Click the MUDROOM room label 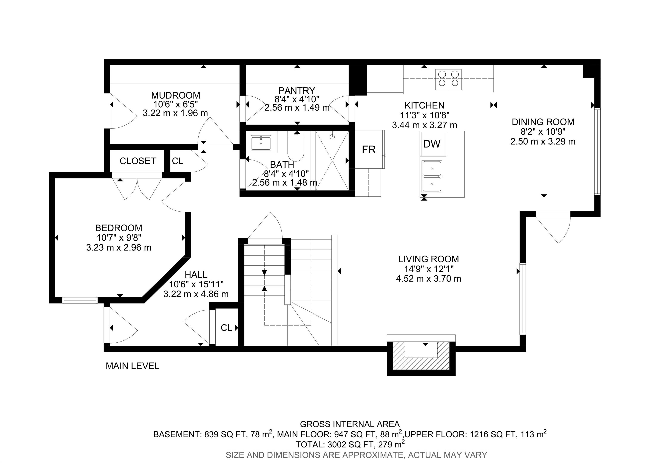[x=176, y=95]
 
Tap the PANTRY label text [x=297, y=91]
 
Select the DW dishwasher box [x=433, y=144]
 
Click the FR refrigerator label [x=369, y=150]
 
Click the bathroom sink [x=261, y=143]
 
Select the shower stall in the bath [x=332, y=160]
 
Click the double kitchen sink [x=432, y=176]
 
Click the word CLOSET [x=138, y=161]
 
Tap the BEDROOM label [x=119, y=228]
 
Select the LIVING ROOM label [x=429, y=259]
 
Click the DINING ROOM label [x=543, y=122]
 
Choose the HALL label [x=196, y=274]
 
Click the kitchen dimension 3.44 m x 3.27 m [x=425, y=125]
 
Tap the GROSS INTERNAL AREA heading [x=350, y=424]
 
